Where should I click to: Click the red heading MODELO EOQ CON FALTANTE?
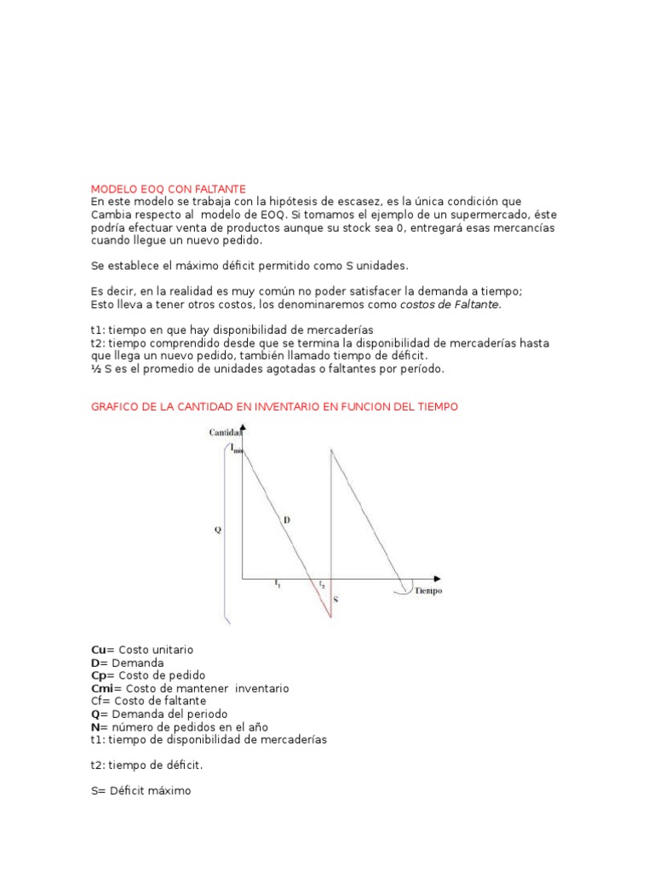(x=168, y=188)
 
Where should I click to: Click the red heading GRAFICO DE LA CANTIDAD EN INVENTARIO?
(x=274, y=407)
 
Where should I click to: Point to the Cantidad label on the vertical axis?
(x=226, y=433)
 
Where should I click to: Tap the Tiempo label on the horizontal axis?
(x=428, y=590)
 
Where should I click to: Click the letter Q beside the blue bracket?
(x=217, y=529)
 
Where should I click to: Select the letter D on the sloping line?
(x=286, y=518)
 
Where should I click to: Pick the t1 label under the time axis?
(x=277, y=584)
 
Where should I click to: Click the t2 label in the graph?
(x=321, y=585)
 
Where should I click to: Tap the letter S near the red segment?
(x=336, y=599)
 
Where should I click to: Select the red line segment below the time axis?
(x=324, y=599)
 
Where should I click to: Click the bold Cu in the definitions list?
(x=98, y=649)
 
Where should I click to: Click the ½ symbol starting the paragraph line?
(x=95, y=369)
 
